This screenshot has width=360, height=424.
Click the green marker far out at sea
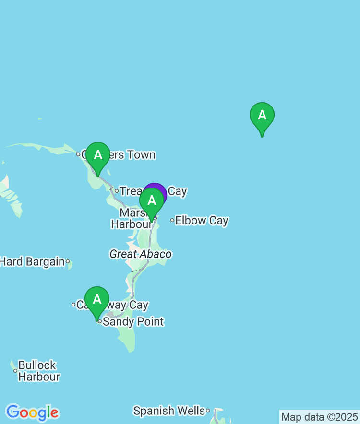tap(262, 117)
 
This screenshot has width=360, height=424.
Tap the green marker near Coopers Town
tap(98, 156)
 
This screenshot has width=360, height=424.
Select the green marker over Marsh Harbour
tap(152, 202)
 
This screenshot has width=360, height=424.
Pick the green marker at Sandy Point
tap(97, 301)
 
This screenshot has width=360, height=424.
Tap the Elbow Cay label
tap(202, 221)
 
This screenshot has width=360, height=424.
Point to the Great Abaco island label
tap(141, 254)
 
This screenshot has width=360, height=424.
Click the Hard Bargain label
tap(32, 262)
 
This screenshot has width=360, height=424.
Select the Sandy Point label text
tap(133, 321)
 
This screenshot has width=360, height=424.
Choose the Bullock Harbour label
tap(38, 371)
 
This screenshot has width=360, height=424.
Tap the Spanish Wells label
tap(168, 411)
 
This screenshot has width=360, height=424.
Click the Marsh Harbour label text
tap(131, 219)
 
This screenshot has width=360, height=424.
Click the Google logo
tap(32, 412)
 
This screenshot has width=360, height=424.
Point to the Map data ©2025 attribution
tap(319, 417)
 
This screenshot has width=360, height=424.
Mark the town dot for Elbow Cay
tap(172, 221)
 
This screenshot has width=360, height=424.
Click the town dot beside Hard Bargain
tap(68, 261)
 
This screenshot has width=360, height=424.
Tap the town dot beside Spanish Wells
tap(208, 411)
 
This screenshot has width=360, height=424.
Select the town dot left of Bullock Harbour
tap(15, 371)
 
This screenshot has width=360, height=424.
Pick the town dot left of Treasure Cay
tap(116, 191)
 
